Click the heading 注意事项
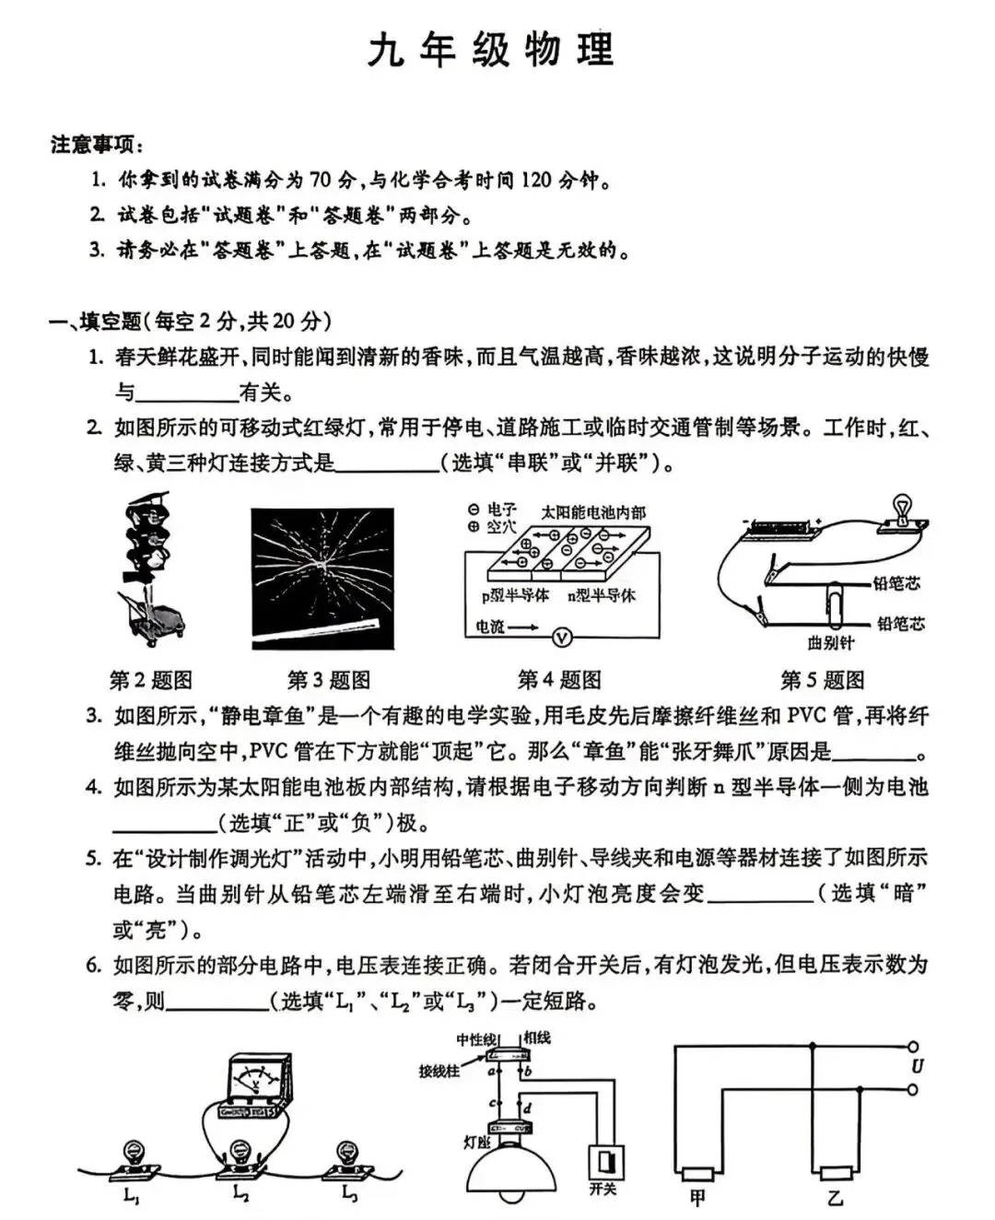tap(96, 145)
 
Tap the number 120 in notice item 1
tap(535, 180)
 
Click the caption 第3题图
tap(329, 681)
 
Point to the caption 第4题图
tap(559, 681)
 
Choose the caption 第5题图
tap(823, 681)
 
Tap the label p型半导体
tap(515, 596)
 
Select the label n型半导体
tap(602, 596)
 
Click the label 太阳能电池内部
tap(593, 512)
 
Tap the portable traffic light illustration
tap(150, 569)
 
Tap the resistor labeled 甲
tap(697, 1174)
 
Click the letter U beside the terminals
tap(917, 1067)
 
